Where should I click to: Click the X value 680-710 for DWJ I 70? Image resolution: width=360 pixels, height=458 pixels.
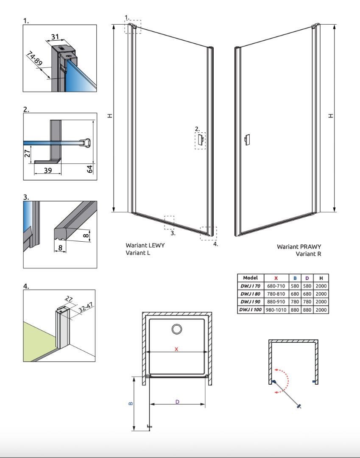pyautogui.click(x=276, y=286)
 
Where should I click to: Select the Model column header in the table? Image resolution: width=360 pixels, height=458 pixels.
pyautogui.click(x=250, y=278)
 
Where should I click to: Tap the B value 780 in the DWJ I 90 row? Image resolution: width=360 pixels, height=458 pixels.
pyautogui.click(x=295, y=302)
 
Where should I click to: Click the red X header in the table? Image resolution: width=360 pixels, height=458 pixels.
pyautogui.click(x=276, y=278)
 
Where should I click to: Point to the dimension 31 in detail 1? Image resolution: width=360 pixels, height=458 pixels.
pyautogui.click(x=55, y=37)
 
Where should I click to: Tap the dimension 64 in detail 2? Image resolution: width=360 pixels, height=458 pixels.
pyautogui.click(x=90, y=169)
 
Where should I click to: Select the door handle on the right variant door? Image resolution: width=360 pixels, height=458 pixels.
pyautogui.click(x=247, y=140)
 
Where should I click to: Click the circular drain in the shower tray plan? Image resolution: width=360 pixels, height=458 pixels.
pyautogui.click(x=176, y=329)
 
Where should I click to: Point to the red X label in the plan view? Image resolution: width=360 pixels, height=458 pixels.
pyautogui.click(x=176, y=349)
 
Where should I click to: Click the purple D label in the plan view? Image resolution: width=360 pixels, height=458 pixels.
pyautogui.click(x=177, y=401)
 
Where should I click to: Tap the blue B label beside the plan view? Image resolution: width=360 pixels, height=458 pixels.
pyautogui.click(x=130, y=403)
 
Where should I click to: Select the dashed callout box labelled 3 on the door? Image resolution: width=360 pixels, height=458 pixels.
pyautogui.click(x=169, y=222)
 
